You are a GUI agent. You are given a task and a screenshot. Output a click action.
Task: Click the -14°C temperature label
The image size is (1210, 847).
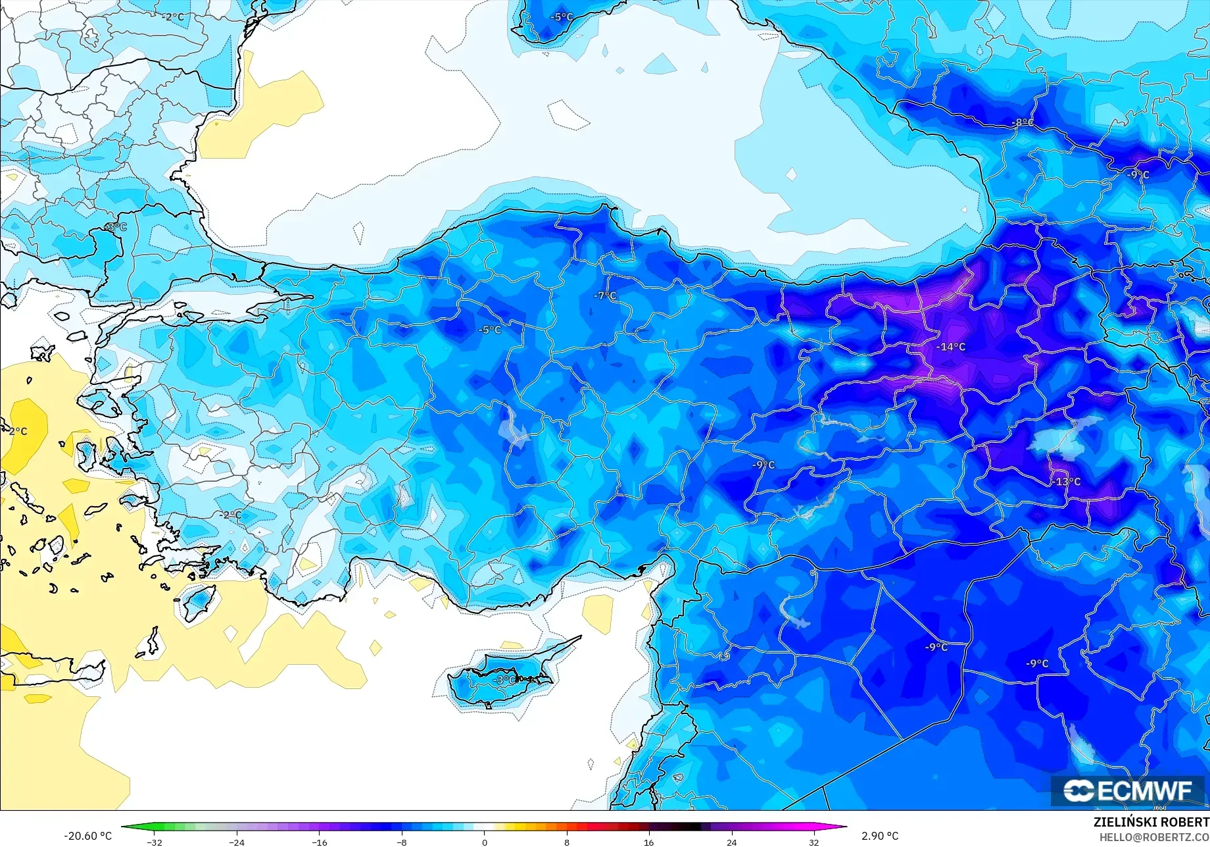[951, 347]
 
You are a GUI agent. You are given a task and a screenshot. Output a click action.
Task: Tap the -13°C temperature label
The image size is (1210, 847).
[1065, 482]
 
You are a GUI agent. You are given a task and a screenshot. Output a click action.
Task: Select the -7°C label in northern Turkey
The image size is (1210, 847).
[606, 296]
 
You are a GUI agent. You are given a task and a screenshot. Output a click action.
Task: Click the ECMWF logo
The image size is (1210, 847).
[1127, 790]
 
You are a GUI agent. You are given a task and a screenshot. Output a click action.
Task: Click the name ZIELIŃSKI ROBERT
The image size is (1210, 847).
[1151, 822]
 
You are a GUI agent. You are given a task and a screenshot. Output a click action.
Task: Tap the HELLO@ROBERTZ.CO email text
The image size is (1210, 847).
[1154, 837]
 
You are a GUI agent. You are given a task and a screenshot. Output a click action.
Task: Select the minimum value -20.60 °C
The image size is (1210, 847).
[87, 836]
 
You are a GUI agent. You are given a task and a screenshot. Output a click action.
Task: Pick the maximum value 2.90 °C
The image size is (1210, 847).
[880, 836]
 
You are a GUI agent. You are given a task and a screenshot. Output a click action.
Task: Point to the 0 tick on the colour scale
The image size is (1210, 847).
[485, 842]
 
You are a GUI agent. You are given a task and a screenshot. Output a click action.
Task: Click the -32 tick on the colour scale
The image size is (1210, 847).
[154, 842]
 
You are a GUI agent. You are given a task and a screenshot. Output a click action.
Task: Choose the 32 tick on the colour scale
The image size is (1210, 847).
[814, 842]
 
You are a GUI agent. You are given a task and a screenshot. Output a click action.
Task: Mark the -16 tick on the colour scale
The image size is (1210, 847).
[319, 842]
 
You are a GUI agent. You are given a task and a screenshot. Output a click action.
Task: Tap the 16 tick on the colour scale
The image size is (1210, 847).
[649, 842]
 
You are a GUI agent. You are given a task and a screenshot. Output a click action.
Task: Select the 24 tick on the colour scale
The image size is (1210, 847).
[731, 842]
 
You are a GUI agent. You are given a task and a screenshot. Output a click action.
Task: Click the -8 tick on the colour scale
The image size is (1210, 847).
[402, 842]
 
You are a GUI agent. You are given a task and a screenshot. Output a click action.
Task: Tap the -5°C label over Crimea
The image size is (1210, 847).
[562, 17]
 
